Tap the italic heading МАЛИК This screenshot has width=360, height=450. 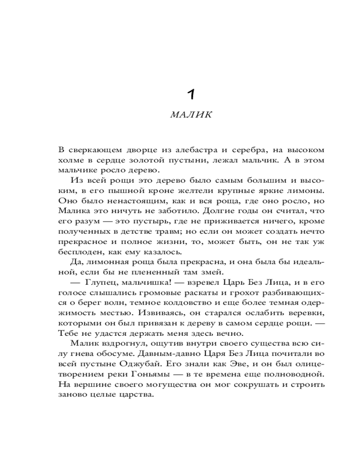(191, 114)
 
